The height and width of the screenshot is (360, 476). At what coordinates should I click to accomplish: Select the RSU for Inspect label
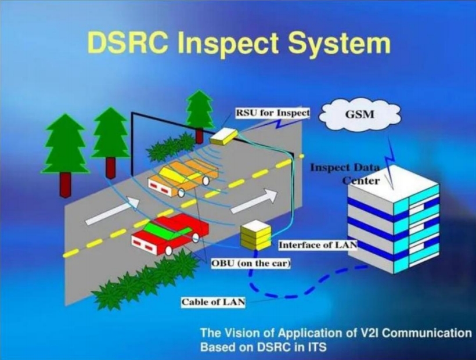pyautogui.click(x=273, y=113)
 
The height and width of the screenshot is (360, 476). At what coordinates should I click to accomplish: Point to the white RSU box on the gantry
pyautogui.click(x=223, y=136)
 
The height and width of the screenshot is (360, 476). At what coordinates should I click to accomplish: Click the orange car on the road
pyautogui.click(x=183, y=178)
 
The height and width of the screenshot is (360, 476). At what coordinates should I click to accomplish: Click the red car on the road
pyautogui.click(x=170, y=234)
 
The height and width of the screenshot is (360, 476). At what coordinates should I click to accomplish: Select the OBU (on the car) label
pyautogui.click(x=251, y=263)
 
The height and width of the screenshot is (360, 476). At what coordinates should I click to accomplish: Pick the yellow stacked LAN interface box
pyautogui.click(x=255, y=235)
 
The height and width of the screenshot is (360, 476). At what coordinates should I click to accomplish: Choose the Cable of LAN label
pyautogui.click(x=213, y=302)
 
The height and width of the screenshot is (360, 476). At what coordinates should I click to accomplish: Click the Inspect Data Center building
pyautogui.click(x=394, y=219)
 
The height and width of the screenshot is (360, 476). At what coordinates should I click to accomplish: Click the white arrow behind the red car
pyautogui.click(x=112, y=211)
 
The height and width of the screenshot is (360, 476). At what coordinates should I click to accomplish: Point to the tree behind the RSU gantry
pyautogui.click(x=199, y=116)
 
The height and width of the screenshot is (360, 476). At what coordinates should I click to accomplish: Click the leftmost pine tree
pyautogui.click(x=66, y=156)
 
